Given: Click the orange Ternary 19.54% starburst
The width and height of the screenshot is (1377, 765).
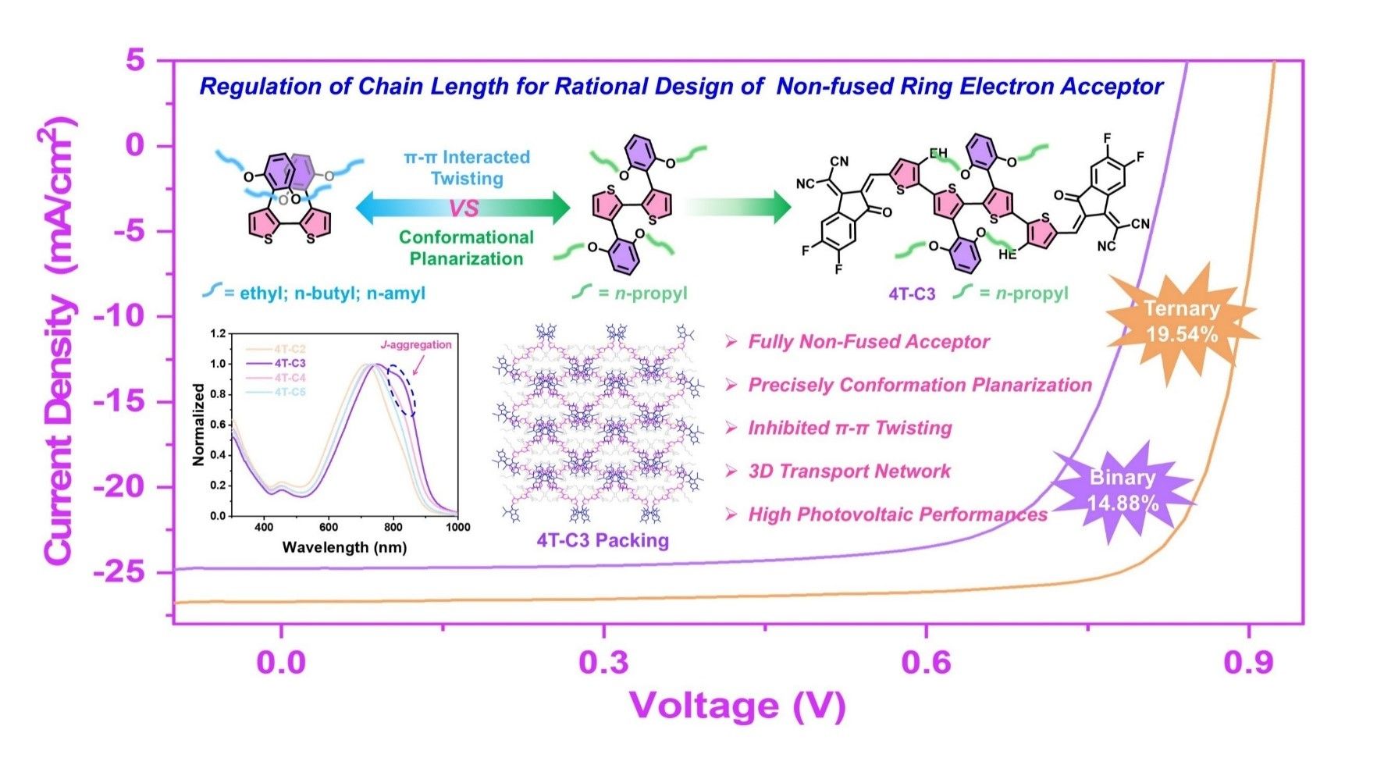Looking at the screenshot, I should coord(1181,321).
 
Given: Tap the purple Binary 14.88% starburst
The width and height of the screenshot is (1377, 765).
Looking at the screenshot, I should coord(1123,490).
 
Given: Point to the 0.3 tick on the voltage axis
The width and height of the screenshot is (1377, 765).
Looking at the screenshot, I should coord(603,663).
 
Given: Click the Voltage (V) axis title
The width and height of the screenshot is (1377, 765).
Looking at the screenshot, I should coord(737,706).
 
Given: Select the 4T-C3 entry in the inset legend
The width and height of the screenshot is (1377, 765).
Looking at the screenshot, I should coord(290,363).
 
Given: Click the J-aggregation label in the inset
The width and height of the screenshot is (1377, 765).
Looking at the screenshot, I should coord(415,344).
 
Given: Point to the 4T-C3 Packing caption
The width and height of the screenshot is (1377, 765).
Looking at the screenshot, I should coord(602,540).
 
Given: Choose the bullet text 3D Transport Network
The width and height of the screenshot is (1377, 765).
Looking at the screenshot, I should coord(849,471).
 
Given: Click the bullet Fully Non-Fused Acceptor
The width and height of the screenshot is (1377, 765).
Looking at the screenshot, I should coord(868,342).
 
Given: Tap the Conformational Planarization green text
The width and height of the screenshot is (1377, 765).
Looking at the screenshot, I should coord(466,247).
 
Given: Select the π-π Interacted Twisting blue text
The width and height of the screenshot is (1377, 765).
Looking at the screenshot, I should coord(466,167).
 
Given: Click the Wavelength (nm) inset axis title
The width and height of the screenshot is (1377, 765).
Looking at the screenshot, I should coord(344,547).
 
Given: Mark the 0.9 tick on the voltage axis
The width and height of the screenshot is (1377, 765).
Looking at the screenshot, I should coord(1248,663).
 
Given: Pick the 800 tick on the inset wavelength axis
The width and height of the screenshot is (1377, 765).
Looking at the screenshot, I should coord(393,527).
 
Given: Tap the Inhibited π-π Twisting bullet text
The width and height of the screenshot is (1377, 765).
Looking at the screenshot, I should coord(849,428).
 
